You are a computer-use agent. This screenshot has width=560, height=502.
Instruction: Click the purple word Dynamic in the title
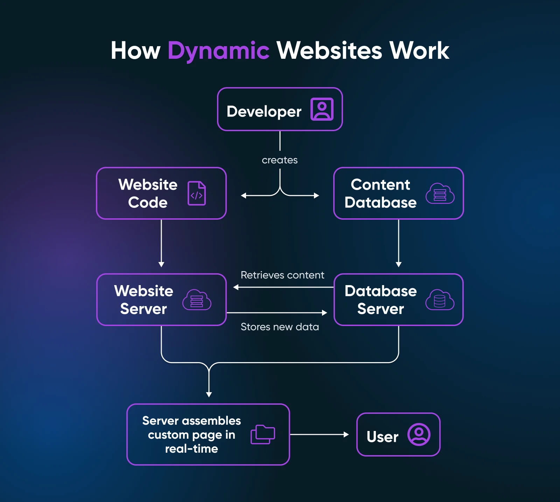218,51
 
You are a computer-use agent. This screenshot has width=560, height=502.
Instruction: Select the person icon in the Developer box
322,109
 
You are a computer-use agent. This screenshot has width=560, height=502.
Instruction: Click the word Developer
264,112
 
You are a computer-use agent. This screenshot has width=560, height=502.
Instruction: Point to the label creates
280,160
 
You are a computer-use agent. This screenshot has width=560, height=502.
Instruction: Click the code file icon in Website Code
197,193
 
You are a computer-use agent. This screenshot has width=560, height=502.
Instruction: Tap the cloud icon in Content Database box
440,193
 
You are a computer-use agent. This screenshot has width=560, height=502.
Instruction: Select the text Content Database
380,193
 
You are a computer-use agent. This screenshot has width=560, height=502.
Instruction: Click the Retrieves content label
282,275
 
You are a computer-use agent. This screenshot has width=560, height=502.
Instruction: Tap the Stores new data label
280,327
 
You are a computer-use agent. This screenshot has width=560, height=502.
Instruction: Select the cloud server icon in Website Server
197,300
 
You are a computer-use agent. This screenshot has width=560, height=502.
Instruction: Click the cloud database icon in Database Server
440,300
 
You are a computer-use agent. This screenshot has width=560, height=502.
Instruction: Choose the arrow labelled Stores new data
276,313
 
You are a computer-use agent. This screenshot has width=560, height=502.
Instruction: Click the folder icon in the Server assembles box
263,434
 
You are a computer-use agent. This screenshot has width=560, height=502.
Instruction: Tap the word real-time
191,449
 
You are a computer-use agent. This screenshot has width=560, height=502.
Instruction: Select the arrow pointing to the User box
319,434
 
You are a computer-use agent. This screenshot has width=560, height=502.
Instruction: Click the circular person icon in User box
419,434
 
